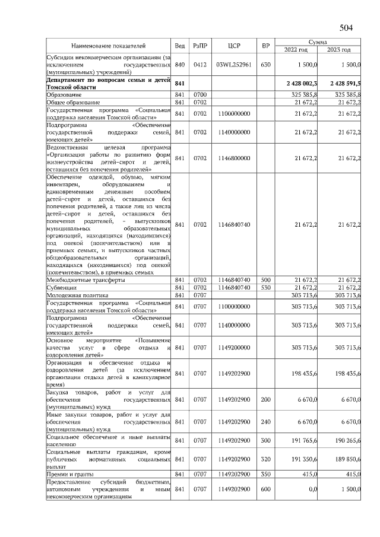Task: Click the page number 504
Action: point(346,27)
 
